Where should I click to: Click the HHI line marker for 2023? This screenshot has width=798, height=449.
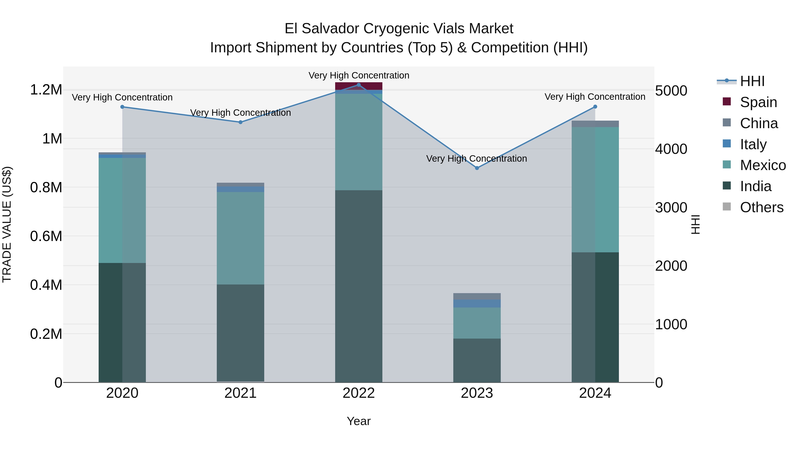[x=477, y=168]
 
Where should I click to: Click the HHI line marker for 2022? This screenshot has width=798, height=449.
[x=359, y=85]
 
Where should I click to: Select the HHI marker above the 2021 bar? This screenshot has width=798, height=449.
[x=240, y=122]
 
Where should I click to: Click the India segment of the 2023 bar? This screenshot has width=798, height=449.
[x=477, y=360]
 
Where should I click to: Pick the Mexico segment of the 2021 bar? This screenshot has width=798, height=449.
[x=240, y=238]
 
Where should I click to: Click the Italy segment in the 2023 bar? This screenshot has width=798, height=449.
[x=477, y=303]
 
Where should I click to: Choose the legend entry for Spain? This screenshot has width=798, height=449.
[x=758, y=102]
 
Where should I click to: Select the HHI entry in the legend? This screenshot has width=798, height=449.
[x=752, y=81]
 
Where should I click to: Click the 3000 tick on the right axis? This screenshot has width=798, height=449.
[x=671, y=207]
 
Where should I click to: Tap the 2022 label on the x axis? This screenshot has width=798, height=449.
[x=359, y=393]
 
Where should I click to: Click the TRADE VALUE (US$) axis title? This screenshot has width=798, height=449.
[x=7, y=224]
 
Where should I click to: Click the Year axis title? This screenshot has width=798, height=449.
[x=359, y=421]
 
